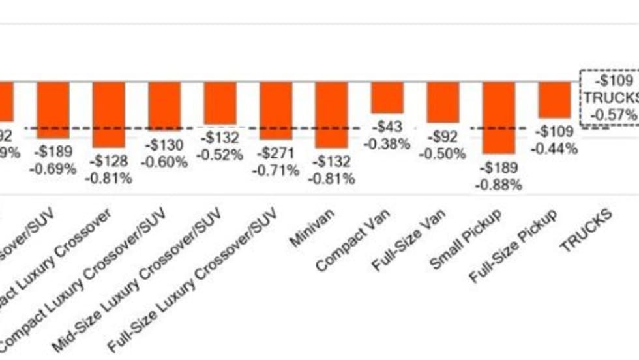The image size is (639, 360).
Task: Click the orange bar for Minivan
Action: [331, 114]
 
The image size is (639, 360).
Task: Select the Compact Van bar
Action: [387, 97]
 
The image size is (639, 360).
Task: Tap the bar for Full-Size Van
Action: [443, 102]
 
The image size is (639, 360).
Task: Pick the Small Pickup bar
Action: [499, 117]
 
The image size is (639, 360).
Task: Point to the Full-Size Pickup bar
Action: [554, 100]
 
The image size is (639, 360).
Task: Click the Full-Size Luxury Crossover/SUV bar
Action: [276, 110]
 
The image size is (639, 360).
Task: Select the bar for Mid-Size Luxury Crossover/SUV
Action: [220, 102]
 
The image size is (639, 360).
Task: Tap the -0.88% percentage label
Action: [499, 185]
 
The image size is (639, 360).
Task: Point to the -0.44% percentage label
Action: [554, 149]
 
